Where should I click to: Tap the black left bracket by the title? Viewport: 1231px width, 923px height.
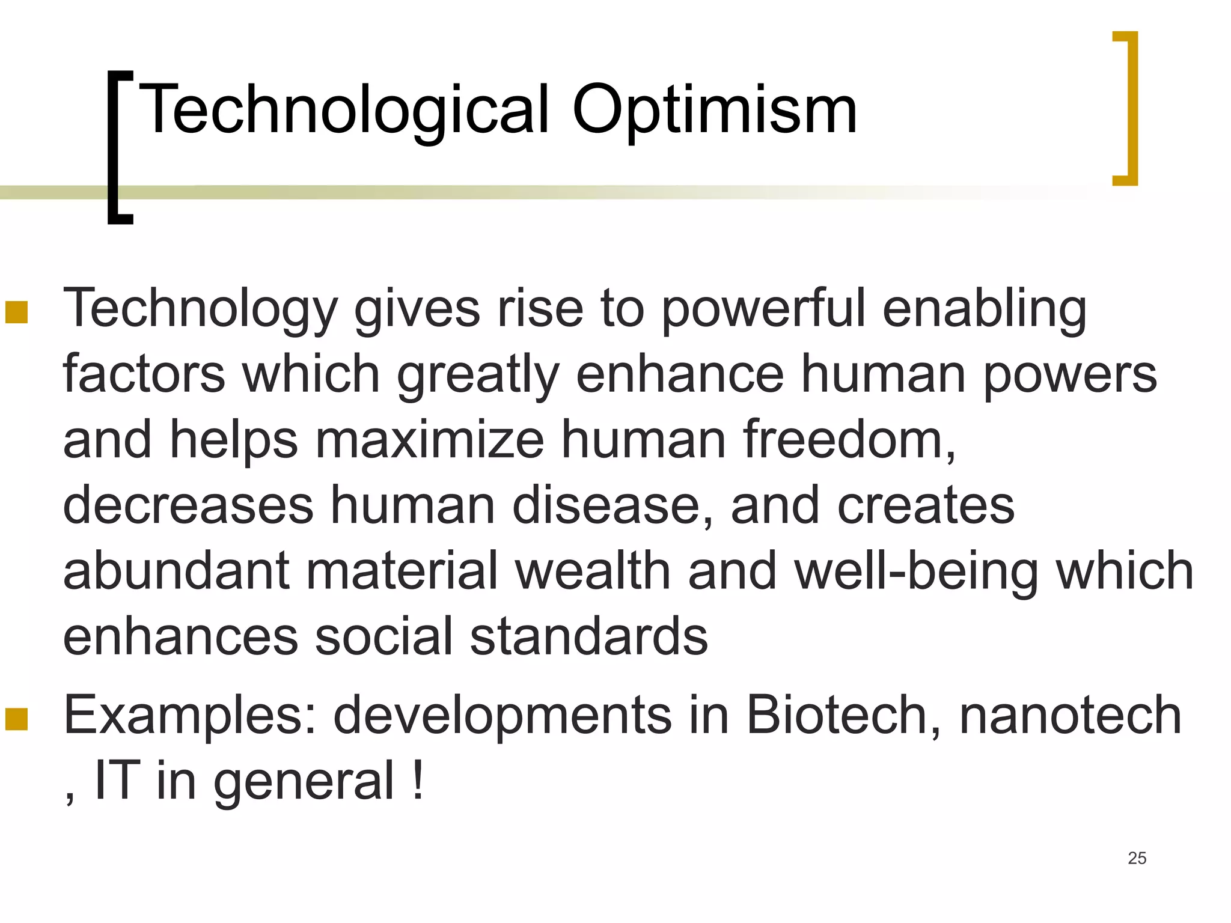click(118, 147)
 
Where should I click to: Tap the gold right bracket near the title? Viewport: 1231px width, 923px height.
click(1128, 108)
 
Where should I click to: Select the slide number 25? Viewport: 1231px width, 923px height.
click(1137, 858)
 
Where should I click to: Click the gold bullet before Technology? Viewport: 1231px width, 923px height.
click(17, 312)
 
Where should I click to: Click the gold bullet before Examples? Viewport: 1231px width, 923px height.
click(17, 719)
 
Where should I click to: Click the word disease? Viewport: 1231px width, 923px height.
click(612, 505)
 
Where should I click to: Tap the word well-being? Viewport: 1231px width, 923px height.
click(916, 571)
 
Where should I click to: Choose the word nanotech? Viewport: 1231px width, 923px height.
click(1070, 715)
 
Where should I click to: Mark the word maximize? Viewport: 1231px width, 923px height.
click(430, 439)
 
